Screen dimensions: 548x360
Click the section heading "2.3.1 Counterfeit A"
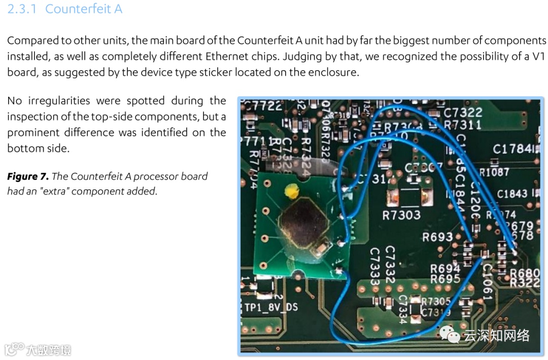point(64,9)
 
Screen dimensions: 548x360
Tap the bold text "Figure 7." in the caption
point(28,176)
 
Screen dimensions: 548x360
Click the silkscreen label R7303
point(401,215)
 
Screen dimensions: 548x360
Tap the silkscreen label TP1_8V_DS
point(271,307)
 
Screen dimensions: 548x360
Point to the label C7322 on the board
point(463,112)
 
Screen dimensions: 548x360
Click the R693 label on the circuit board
point(437,237)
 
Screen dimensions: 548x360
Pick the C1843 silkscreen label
point(512,194)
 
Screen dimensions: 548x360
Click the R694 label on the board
point(445,268)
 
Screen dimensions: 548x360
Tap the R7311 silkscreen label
point(462,125)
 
